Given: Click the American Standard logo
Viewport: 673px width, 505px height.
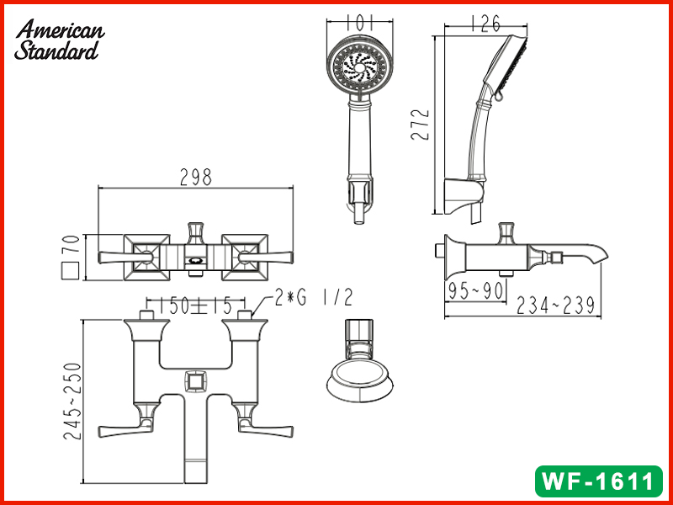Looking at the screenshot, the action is click(59, 40).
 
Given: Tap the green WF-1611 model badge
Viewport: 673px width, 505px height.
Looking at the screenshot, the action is click(598, 481).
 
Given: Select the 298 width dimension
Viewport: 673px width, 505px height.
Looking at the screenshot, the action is click(196, 177).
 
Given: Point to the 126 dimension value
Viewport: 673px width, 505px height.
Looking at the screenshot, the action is click(485, 24).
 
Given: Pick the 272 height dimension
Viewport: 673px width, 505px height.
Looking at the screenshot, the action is click(420, 125).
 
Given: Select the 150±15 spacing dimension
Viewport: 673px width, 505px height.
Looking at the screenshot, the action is click(195, 306).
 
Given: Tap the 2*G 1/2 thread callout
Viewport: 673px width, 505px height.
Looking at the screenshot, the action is click(314, 297).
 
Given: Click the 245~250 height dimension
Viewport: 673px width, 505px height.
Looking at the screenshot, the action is click(72, 401).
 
